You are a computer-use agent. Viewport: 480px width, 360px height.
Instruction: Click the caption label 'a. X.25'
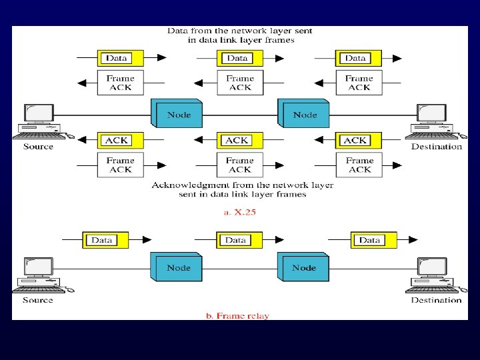coord(239,212)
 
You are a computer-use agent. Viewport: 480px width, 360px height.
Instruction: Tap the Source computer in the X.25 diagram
coord(38,121)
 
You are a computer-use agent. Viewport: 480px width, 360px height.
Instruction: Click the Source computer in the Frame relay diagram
coord(38,274)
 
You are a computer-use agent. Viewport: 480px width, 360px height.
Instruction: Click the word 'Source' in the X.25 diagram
coord(38,147)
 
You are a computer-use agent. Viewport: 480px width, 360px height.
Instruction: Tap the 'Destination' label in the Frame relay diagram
coord(436,300)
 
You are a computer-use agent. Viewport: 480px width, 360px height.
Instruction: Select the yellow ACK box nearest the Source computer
coord(116,141)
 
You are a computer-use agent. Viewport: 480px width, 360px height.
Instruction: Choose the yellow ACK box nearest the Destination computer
coord(356,141)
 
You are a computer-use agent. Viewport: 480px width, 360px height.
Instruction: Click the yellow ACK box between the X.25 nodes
coord(237,141)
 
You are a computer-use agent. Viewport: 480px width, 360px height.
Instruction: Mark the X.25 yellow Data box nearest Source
coord(117,58)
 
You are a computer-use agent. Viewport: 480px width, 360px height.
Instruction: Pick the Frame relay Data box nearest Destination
coord(370,240)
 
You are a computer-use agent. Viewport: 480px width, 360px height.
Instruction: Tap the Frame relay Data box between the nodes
coord(236,240)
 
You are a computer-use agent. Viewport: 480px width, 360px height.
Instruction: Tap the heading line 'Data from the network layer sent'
coord(239,31)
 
